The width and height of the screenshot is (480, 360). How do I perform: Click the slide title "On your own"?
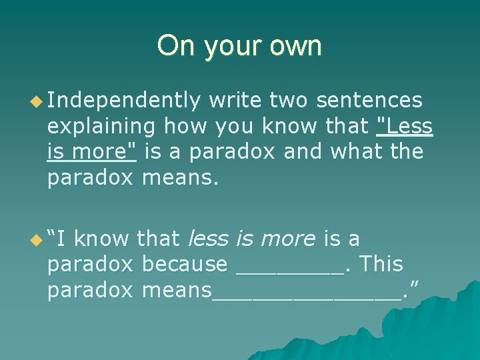(x=239, y=46)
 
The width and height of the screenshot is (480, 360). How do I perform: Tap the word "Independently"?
(x=124, y=100)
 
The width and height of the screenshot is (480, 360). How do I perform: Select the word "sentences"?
(x=369, y=100)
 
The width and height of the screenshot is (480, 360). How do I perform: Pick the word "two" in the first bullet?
(x=289, y=100)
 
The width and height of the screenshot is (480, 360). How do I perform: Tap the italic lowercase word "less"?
(x=210, y=238)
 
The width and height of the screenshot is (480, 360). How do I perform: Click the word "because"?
(x=185, y=264)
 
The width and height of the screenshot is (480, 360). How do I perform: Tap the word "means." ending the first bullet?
(x=181, y=177)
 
